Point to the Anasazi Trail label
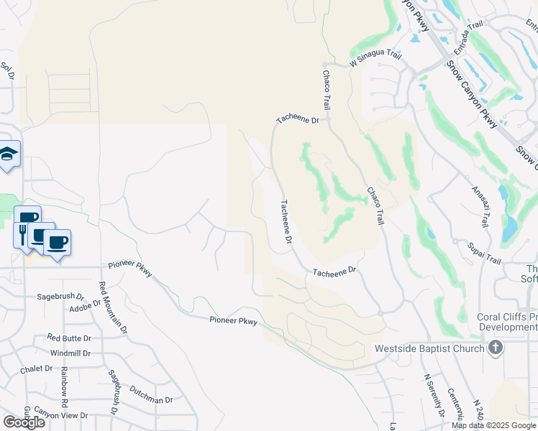[480, 206]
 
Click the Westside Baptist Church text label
[429, 349]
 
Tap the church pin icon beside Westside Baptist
[494, 348]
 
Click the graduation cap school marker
[9, 153]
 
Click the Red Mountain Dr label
[113, 308]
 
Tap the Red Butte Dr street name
[69, 338]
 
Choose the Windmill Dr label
[70, 353]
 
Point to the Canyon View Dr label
[60, 415]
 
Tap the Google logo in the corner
[24, 422]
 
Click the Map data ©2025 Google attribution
[493, 425]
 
